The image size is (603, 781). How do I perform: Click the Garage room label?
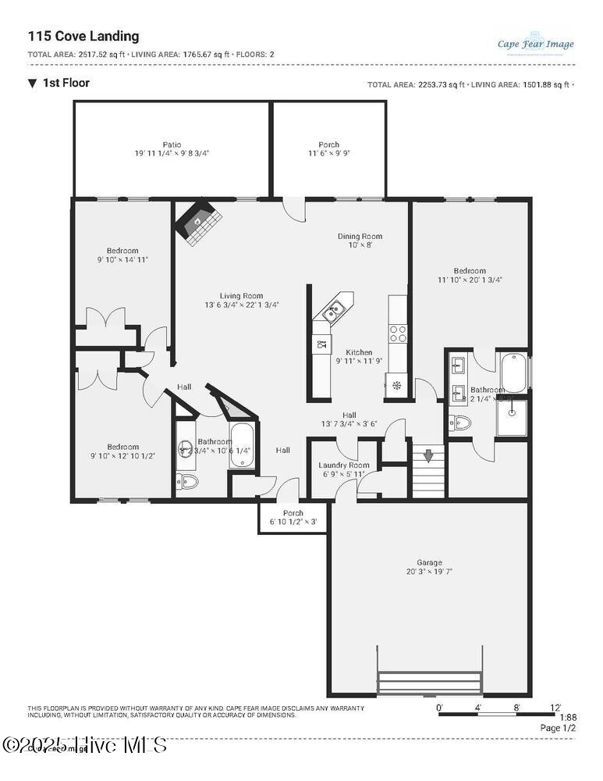coord(429,562)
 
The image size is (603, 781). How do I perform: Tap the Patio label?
coord(172,144)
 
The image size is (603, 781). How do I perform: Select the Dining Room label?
coord(360,237)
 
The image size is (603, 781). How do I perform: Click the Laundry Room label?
coord(344,465)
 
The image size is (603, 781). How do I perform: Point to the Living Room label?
coord(241,296)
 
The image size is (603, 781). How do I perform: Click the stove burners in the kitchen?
coord(398,333)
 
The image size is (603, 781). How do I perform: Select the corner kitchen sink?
coord(334,310)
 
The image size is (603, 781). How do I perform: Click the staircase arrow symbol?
coord(427,455)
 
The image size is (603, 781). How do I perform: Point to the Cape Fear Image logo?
coord(535,42)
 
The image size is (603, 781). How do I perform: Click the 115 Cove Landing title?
coord(83,36)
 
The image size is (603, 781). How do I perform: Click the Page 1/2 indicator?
coord(559,728)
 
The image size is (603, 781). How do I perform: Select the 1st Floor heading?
coord(66,83)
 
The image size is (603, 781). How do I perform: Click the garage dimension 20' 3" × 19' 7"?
coord(429,572)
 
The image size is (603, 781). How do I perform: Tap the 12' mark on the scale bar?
coord(555,707)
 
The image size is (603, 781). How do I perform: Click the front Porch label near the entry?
coord(293,513)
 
